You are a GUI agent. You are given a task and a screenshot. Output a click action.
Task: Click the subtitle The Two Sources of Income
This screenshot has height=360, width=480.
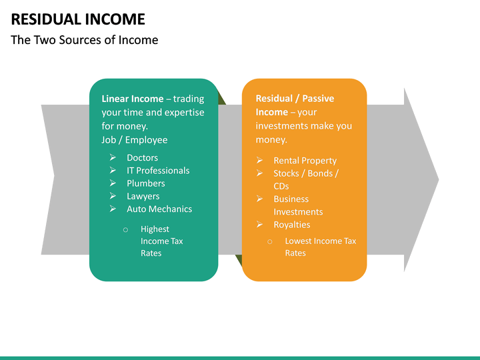click(x=85, y=40)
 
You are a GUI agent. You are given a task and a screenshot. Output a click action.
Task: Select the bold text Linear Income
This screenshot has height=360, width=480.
click(x=132, y=99)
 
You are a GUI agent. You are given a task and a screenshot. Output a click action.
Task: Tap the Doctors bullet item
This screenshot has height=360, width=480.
click(x=142, y=158)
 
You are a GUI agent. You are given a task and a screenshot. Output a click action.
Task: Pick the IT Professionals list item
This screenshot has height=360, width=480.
click(x=158, y=171)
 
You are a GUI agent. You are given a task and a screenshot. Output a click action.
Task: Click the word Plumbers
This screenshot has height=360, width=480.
click(x=145, y=183)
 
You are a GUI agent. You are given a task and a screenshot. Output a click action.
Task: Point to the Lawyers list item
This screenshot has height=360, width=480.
click(x=143, y=196)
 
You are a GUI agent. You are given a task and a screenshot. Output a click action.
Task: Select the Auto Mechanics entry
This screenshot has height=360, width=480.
click(x=159, y=209)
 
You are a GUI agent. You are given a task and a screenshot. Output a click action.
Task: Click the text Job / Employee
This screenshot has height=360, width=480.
click(x=135, y=140)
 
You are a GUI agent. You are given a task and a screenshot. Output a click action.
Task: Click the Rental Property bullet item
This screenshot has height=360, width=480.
click(x=305, y=161)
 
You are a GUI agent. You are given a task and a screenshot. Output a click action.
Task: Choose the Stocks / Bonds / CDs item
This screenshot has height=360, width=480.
click(x=305, y=179)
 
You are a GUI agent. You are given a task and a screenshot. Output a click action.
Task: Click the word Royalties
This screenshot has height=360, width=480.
click(x=291, y=225)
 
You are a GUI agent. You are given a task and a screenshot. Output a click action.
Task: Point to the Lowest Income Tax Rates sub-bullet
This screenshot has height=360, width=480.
click(x=320, y=247)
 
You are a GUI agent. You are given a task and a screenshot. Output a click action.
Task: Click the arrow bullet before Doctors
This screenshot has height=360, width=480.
click(x=113, y=158)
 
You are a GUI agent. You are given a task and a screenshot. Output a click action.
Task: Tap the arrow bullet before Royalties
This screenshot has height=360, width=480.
click(x=259, y=225)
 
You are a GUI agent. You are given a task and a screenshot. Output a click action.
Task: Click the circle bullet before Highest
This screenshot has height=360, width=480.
click(x=125, y=229)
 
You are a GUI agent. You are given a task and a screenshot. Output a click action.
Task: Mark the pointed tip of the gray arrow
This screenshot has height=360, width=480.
click(x=438, y=179)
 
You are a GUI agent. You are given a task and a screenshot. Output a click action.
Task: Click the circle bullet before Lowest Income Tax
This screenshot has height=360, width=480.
click(x=270, y=241)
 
